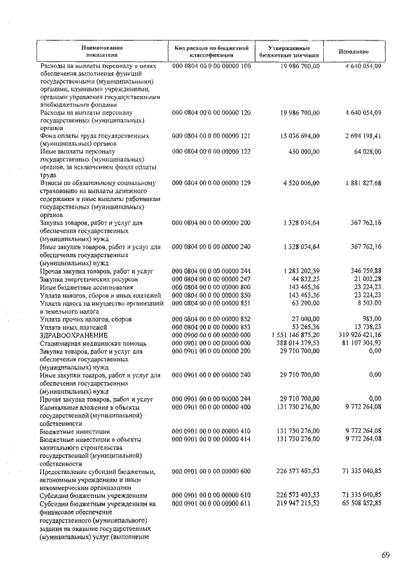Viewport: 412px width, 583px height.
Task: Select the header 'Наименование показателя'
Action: click(102, 52)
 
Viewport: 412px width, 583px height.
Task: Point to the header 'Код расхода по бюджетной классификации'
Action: click(211, 52)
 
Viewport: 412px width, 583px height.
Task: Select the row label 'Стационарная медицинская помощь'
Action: click(93, 344)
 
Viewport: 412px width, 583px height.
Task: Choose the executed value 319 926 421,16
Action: click(351, 336)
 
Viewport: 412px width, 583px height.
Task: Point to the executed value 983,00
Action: click(370, 320)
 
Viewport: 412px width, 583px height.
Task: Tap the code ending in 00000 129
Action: click(211, 182)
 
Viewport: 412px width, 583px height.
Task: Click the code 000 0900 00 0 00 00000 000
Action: click(211, 336)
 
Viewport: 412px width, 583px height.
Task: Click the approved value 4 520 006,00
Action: click(295, 182)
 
